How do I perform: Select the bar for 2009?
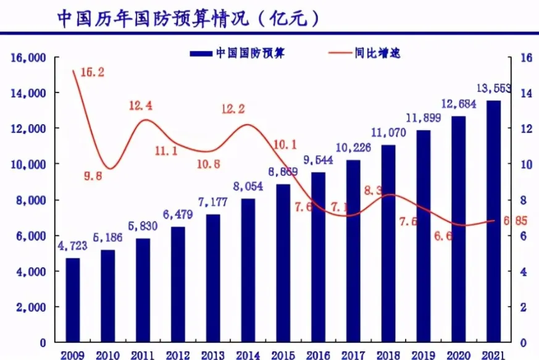click(73, 299)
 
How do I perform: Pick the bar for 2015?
click(283, 262)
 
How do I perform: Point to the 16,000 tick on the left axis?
click(28, 57)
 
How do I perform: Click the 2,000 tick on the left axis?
click(31, 307)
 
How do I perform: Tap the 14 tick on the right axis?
click(527, 93)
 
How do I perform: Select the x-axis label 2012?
click(178, 354)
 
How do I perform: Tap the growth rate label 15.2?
click(92, 72)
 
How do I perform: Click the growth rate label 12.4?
click(141, 106)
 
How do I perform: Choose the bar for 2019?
click(423, 236)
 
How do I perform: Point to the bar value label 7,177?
click(213, 202)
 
